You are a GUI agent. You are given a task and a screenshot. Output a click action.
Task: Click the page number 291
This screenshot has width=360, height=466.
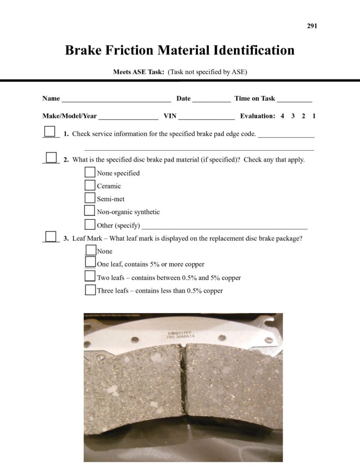click(x=312, y=26)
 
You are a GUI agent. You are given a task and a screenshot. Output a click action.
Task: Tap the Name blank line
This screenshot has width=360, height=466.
click(x=116, y=100)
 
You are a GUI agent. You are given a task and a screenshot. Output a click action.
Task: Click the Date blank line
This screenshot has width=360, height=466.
click(x=212, y=100)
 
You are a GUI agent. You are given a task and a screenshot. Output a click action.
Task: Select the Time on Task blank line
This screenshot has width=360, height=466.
click(x=294, y=100)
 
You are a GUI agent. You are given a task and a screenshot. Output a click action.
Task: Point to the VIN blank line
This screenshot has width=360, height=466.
click(x=207, y=117)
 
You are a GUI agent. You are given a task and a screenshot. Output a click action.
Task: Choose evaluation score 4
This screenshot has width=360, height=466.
click(x=282, y=116)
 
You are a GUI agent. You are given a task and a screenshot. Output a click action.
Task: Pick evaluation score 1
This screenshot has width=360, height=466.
click(x=314, y=116)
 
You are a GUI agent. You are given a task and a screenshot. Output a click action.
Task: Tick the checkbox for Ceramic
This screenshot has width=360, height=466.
click(x=90, y=185)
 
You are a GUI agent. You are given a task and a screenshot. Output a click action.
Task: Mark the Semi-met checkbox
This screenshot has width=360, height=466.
click(x=90, y=198)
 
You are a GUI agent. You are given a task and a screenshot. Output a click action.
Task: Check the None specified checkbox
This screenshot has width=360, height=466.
click(x=90, y=172)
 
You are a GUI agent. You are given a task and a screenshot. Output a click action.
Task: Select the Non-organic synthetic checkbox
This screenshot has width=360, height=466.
click(x=90, y=211)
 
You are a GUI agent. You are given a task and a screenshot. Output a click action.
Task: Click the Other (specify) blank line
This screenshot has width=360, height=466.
click(x=225, y=227)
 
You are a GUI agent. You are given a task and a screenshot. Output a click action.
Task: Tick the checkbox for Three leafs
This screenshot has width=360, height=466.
click(x=90, y=290)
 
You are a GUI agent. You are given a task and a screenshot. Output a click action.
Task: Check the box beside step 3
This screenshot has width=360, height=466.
click(x=51, y=237)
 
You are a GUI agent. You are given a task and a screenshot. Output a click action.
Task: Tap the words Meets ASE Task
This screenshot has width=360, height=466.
click(x=139, y=72)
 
